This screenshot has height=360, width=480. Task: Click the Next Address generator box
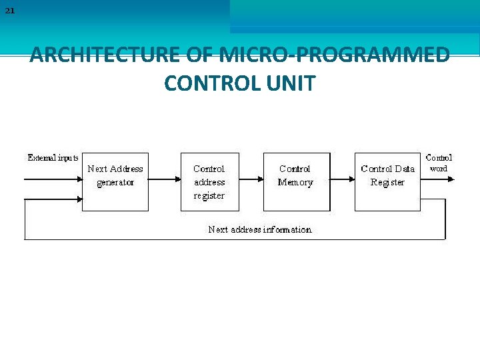coord(115,182)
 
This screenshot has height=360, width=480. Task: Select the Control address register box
coord(209,182)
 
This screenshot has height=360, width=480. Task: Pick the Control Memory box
coord(295,182)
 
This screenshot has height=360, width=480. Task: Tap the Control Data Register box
coord(387,182)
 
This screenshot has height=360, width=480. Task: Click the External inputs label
coord(53,158)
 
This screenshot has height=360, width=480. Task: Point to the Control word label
coord(439,163)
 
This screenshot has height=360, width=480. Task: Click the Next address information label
coord(260,229)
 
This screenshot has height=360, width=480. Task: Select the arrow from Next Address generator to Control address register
coord(165,179)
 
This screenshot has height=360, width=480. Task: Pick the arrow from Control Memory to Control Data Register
coord(341,179)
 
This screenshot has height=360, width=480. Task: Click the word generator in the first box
coord(115,183)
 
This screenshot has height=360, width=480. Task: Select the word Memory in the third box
coord(295,183)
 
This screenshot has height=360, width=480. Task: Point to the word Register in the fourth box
coord(387,183)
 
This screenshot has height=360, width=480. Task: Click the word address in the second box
coord(209,182)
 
